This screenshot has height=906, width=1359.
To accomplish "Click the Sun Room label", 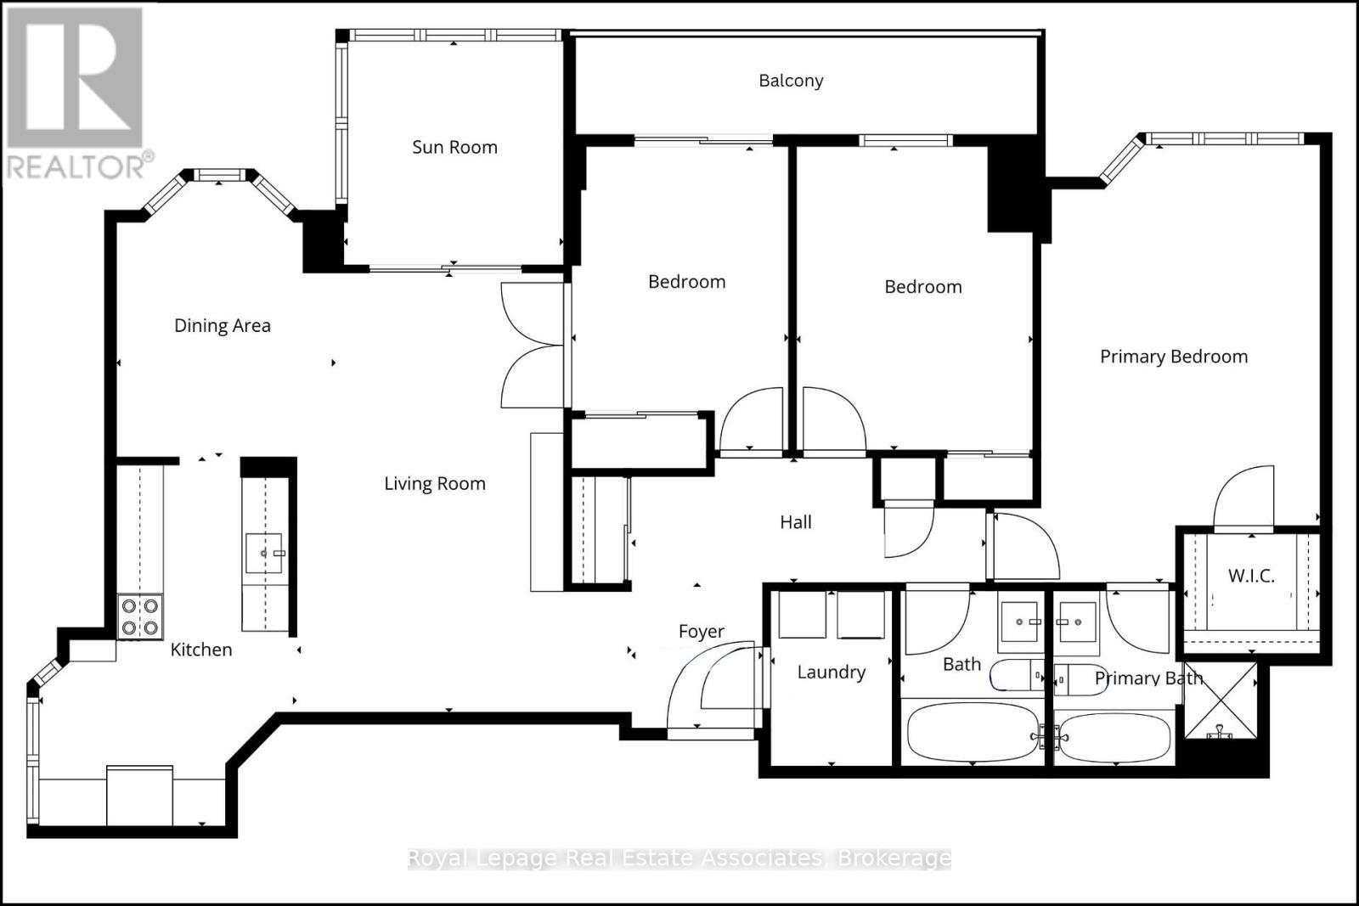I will click(454, 147).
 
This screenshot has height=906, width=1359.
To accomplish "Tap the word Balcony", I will click(791, 81).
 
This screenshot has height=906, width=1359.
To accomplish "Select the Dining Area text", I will click(222, 325).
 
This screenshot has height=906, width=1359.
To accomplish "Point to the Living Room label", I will click(434, 484).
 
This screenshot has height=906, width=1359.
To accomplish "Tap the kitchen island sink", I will click(264, 554).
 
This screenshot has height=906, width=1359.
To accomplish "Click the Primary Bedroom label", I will click(1173, 357).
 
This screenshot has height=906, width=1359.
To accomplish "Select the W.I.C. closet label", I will click(1250, 576).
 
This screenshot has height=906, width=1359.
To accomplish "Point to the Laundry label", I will click(831, 672).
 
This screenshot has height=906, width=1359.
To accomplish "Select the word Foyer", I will click(701, 632).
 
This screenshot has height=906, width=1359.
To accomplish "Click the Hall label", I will click(796, 522).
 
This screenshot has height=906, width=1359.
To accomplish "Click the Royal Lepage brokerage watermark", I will click(679, 858).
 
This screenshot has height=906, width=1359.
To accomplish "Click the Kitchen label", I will click(200, 650).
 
